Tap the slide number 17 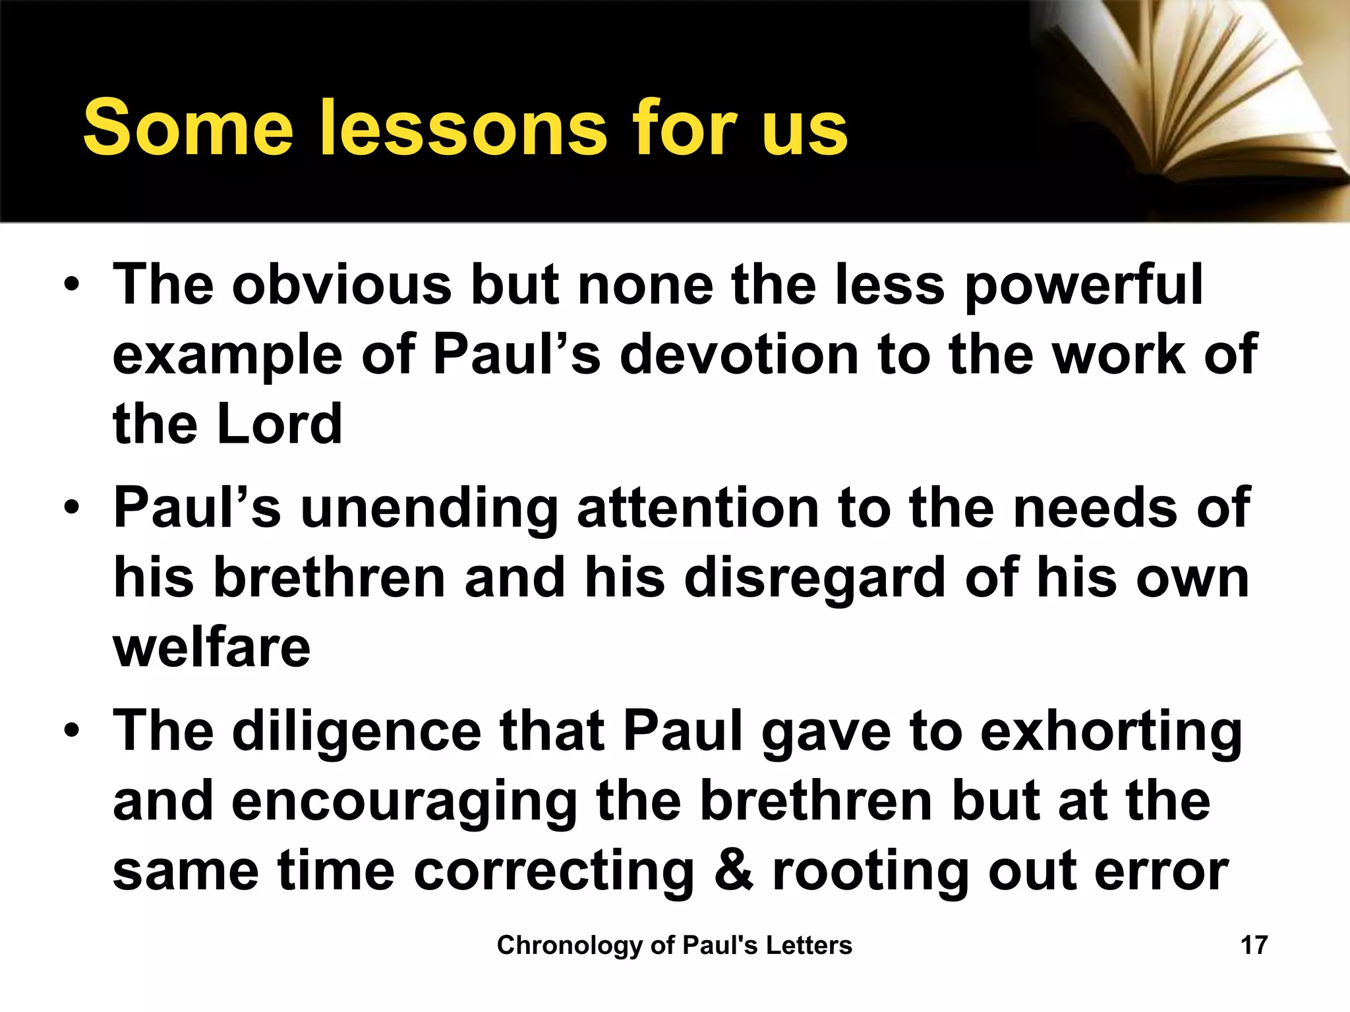click(1254, 945)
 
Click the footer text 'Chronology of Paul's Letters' click(674, 945)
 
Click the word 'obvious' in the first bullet click(341, 285)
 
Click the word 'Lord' click(279, 424)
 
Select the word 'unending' click(429, 509)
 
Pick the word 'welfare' click(212, 648)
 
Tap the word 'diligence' click(357, 733)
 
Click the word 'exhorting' click(1111, 733)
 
